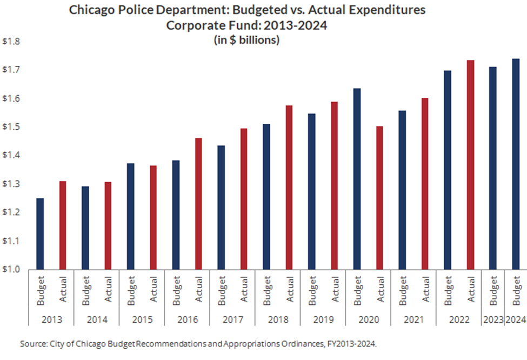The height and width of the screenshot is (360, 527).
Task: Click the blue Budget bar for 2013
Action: (x=40, y=234)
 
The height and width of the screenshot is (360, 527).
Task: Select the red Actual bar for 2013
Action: (x=63, y=225)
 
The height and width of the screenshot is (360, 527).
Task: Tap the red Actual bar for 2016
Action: (x=198, y=204)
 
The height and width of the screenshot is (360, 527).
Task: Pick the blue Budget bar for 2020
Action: (x=357, y=179)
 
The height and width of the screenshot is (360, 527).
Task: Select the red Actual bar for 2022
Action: (x=470, y=165)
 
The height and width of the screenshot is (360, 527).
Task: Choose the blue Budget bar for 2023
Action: (x=493, y=168)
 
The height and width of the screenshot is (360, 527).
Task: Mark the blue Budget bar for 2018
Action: (x=266, y=197)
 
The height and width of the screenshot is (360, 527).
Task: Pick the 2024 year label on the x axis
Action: (x=516, y=319)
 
